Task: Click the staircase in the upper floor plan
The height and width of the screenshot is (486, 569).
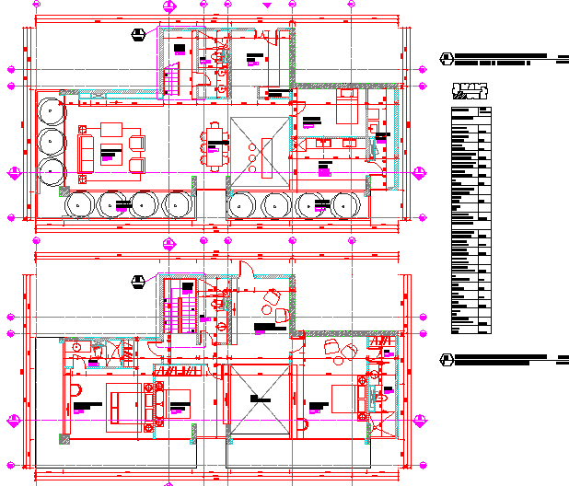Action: [170, 81]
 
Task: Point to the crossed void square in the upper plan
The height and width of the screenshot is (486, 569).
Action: [261, 153]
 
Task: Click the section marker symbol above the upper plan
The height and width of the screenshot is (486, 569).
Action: [138, 35]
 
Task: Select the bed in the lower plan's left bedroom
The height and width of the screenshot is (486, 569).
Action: [123, 408]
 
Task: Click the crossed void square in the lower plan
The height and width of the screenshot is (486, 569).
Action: [260, 401]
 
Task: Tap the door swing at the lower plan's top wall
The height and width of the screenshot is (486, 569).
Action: [247, 270]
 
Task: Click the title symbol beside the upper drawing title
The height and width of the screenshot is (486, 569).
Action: [447, 60]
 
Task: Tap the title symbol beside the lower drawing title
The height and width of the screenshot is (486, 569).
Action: [447, 359]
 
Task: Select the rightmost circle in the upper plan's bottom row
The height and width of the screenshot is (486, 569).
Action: [346, 204]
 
